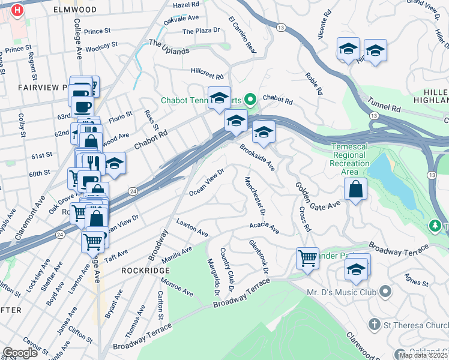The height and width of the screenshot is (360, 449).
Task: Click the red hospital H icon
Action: [17, 10]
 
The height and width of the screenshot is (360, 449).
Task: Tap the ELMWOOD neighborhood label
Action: [74, 10]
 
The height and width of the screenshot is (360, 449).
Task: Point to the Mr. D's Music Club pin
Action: [385, 292]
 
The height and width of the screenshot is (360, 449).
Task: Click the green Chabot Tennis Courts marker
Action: [252, 100]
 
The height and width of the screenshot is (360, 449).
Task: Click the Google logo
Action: [20, 353]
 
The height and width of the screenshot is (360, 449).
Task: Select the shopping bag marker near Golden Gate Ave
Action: [355, 190]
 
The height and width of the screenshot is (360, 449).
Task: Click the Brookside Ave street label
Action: [257, 157]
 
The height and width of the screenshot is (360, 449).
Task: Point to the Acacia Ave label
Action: [265, 228]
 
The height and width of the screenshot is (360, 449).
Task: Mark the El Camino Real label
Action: [242, 34]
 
